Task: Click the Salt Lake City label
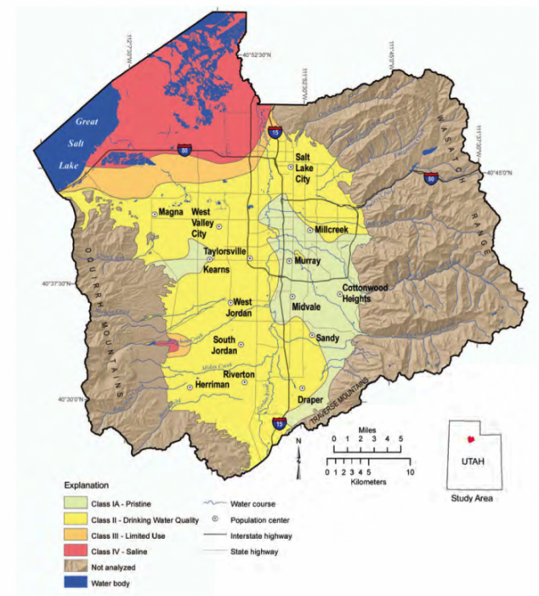coord(308,167)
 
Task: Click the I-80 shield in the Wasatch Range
coord(430,179)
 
